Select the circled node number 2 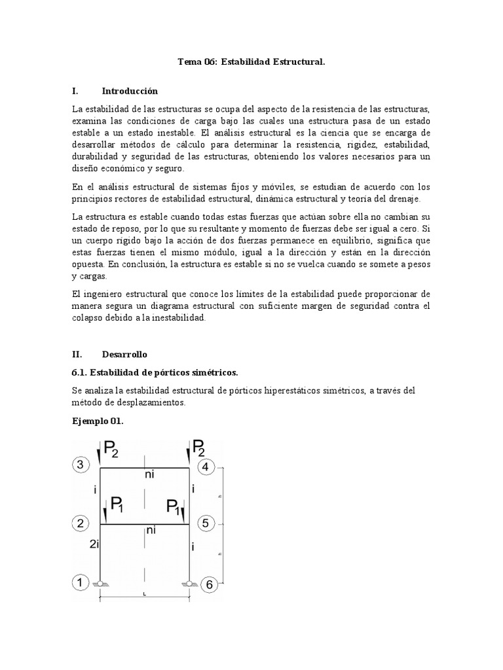79,523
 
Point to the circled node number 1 79,582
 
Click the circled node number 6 209,584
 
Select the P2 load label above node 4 200,450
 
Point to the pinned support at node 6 190,584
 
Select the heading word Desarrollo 124,354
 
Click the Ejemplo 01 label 98,421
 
